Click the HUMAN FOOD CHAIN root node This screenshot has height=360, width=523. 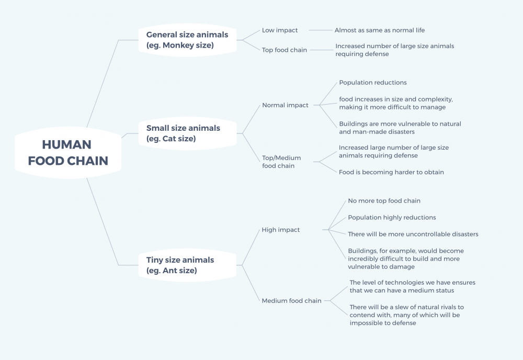point(68,153)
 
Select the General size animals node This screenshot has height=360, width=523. point(187,40)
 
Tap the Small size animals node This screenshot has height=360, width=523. point(187,133)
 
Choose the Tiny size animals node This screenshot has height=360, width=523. point(187,265)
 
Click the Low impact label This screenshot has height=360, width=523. point(279,30)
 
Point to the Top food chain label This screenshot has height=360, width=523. point(284,50)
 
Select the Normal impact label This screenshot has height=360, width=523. point(285,105)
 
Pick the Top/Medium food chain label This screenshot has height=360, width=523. point(281,162)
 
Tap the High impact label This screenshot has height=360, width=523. point(280,230)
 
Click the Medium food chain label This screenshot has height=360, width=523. point(291,301)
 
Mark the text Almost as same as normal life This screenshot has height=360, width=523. point(380,30)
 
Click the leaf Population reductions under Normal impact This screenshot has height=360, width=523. point(373,82)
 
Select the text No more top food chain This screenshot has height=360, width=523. point(384,200)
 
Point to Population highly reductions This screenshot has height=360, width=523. point(392,218)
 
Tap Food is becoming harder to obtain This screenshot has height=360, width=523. point(391,172)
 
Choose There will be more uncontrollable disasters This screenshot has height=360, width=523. point(413,234)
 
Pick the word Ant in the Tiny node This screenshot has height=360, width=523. point(169,271)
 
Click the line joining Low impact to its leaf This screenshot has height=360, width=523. point(321,30)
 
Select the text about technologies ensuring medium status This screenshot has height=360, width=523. point(413,286)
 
